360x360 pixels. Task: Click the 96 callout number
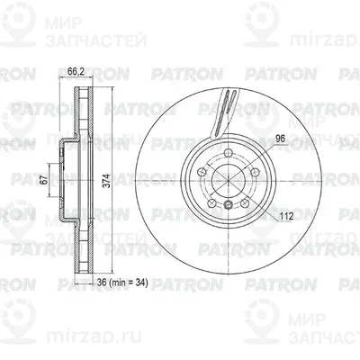[280, 139]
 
